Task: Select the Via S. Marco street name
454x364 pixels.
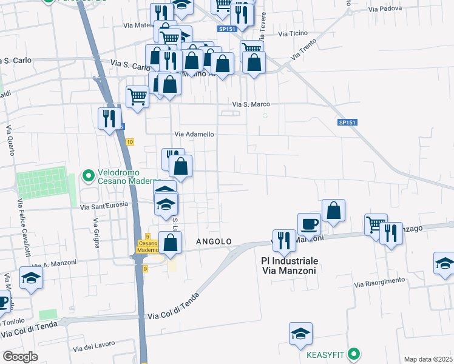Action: [x=251, y=104]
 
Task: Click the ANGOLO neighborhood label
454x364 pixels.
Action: [x=214, y=241]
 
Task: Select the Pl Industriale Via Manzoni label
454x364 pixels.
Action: [x=289, y=266]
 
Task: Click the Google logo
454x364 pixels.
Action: [x=21, y=356]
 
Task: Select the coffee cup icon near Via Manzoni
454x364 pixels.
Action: [x=309, y=223]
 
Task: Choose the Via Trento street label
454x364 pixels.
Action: [x=305, y=49]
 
